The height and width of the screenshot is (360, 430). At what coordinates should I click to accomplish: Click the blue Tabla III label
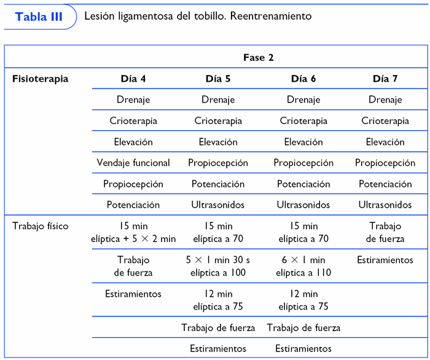tap(39, 17)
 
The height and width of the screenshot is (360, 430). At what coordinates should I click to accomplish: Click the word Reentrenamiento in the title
tap(270, 17)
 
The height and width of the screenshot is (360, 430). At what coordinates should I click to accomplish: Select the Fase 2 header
tap(258, 58)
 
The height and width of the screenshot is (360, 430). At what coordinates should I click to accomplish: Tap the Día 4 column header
tap(133, 79)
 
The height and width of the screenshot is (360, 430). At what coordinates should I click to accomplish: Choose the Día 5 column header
tap(218, 79)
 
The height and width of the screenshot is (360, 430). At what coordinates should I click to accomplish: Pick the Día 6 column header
tap(303, 79)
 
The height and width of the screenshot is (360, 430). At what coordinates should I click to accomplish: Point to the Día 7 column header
tap(385, 79)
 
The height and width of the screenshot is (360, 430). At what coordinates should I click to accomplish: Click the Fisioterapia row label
tap(41, 79)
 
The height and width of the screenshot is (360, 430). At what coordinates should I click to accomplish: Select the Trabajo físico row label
tap(41, 226)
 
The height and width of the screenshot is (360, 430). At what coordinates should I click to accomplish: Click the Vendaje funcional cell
tap(133, 163)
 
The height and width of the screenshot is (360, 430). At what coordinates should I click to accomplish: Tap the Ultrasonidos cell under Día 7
tap(385, 205)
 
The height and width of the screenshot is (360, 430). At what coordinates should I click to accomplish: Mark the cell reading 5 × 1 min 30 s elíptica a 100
tap(218, 266)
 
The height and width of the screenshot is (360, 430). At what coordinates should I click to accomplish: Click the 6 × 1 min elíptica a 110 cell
tap(303, 266)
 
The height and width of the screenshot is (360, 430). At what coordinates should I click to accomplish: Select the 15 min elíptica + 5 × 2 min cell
tap(133, 232)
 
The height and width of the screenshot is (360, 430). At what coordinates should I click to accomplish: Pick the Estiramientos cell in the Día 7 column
tap(385, 260)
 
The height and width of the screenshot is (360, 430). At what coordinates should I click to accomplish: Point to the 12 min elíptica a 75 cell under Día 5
tap(218, 300)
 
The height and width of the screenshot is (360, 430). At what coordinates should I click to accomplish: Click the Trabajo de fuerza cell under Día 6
tap(303, 328)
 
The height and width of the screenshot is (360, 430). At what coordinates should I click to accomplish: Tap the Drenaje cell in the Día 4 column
tap(133, 100)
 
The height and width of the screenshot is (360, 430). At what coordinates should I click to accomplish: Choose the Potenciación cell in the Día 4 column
tap(133, 205)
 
